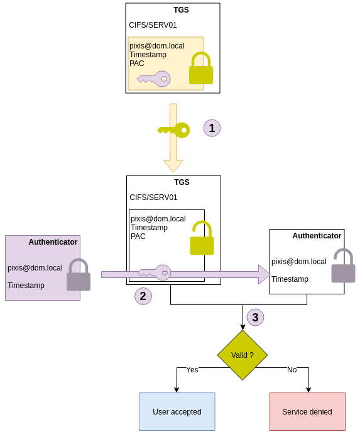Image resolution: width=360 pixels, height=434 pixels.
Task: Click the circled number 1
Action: (x=212, y=128)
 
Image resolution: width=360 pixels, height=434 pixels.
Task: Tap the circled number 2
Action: (x=143, y=296)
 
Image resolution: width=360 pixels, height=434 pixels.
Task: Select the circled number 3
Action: (x=255, y=317)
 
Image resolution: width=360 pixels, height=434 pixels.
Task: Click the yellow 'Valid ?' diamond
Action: (x=243, y=355)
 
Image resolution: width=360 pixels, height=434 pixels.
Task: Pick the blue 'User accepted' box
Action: (x=177, y=411)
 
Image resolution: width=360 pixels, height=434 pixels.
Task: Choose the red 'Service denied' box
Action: (x=307, y=411)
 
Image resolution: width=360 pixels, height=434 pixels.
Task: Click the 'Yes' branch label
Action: (x=192, y=370)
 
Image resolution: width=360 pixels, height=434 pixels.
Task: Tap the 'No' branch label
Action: (x=292, y=370)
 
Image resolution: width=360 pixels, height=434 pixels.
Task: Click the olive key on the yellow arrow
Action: (x=173, y=130)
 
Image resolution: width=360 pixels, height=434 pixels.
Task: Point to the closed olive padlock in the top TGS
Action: (x=201, y=68)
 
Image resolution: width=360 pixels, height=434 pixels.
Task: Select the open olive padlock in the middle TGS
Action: (x=202, y=238)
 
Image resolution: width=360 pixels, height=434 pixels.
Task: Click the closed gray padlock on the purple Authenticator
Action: (x=79, y=275)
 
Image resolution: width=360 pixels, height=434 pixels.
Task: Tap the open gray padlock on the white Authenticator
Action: (x=344, y=265)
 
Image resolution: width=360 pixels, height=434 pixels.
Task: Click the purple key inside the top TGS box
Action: (x=154, y=79)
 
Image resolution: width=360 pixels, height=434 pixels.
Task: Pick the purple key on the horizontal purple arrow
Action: (x=155, y=272)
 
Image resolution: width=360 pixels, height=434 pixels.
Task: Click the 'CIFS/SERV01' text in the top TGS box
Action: (x=153, y=25)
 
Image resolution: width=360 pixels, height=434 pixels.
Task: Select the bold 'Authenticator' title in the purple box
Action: (x=53, y=242)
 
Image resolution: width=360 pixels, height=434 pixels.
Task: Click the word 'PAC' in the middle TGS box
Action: (x=138, y=236)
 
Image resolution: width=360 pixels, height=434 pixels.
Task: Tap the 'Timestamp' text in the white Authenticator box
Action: (x=290, y=279)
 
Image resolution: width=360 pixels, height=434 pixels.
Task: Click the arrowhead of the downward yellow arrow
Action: (x=173, y=166)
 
